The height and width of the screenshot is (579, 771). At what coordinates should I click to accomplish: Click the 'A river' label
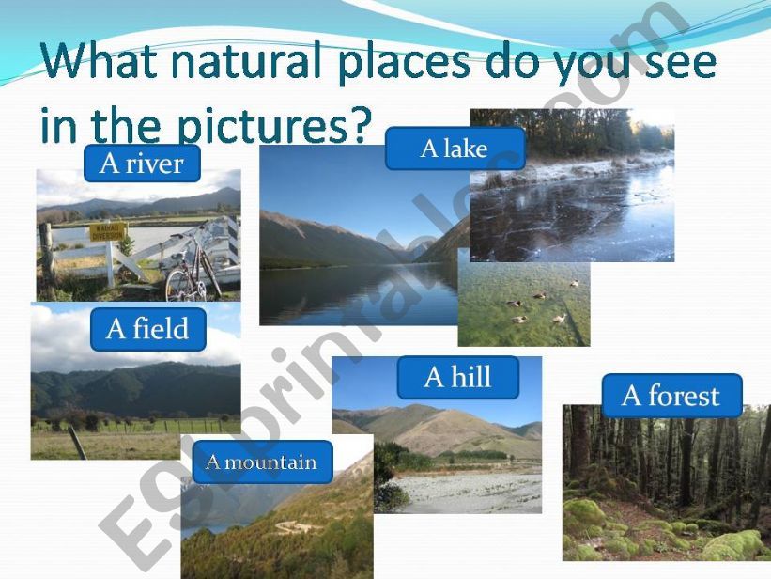[142, 164]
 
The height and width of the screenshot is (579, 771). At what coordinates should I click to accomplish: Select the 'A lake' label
[455, 149]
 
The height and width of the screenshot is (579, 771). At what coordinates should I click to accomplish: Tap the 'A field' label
[147, 329]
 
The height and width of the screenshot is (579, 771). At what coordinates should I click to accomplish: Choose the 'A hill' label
[457, 377]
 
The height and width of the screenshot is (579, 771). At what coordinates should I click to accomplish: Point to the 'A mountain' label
[261, 462]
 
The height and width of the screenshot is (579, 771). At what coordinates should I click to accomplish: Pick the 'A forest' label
[671, 396]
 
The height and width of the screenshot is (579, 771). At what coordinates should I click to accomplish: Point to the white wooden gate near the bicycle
[141, 255]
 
